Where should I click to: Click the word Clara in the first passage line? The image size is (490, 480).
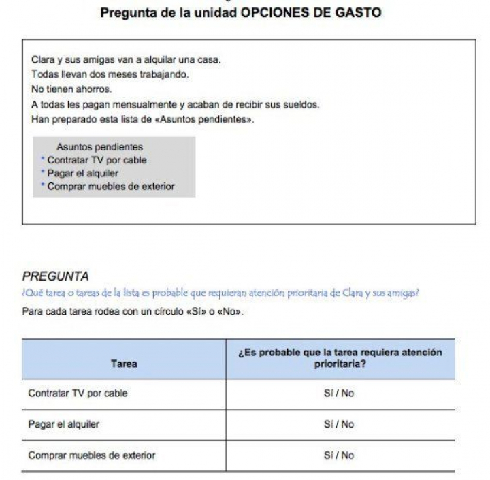[43, 60]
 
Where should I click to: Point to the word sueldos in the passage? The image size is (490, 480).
[302, 104]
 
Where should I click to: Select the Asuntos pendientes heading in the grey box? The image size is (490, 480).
[99, 147]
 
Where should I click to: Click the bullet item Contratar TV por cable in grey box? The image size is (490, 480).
[97, 160]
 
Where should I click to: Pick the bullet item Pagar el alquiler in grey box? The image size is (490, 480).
[82, 173]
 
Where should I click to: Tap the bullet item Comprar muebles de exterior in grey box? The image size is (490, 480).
[110, 186]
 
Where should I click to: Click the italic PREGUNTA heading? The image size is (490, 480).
[55, 276]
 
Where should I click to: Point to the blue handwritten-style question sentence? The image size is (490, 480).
[220, 293]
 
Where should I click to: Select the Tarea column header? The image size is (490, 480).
[124, 364]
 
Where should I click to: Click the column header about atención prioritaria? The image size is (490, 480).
[339, 358]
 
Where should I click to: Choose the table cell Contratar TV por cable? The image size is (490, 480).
[78, 394]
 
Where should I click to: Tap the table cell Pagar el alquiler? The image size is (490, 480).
[64, 424]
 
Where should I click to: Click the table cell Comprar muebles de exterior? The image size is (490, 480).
[92, 455]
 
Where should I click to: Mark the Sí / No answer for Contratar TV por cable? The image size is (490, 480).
[339, 394]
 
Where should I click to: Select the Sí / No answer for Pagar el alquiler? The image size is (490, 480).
[339, 424]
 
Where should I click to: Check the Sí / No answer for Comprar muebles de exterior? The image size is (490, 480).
[339, 455]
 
